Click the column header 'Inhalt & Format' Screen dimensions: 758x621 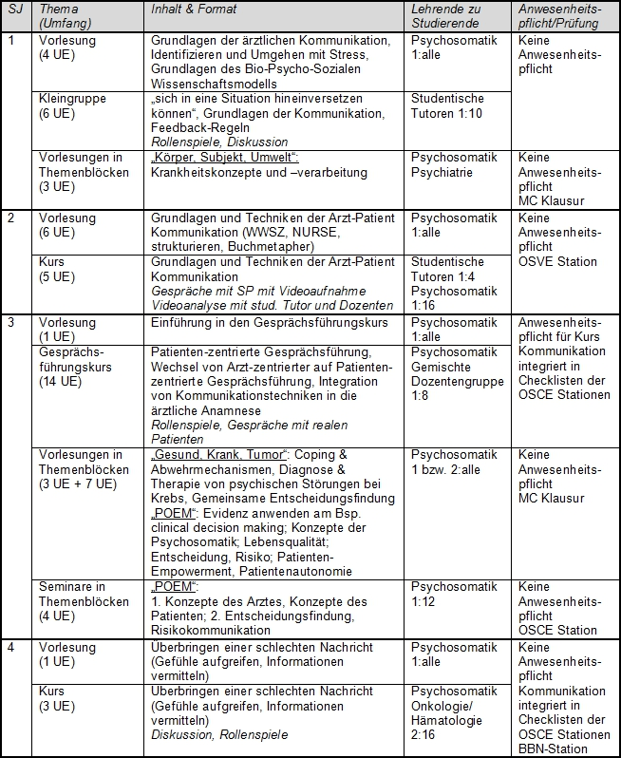(194, 9)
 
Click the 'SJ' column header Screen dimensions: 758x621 (14, 9)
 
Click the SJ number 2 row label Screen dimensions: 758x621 (10, 218)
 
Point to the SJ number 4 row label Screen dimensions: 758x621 (10, 648)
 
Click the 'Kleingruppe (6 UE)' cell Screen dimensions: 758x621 (72, 105)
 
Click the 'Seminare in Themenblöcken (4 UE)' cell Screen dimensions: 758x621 (84, 600)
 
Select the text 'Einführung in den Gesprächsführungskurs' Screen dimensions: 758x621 (271, 323)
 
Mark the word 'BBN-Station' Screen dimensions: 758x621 (555, 749)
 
